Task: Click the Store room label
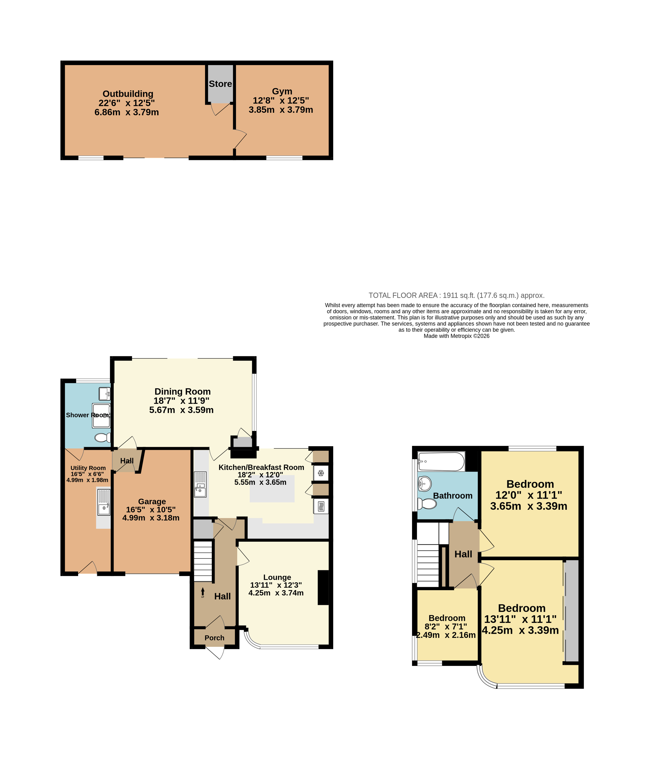click(x=220, y=84)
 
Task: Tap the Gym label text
click(x=282, y=91)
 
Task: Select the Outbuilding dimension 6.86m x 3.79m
click(x=127, y=112)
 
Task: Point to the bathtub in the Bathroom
click(x=441, y=462)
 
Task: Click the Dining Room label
click(x=182, y=392)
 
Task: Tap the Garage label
click(x=152, y=501)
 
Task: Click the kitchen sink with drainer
click(x=200, y=484)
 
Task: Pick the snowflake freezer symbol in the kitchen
click(x=321, y=473)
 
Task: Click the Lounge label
click(x=277, y=577)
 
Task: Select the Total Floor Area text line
click(x=456, y=295)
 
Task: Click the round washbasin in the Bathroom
click(x=424, y=484)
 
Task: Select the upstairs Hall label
click(x=463, y=554)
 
